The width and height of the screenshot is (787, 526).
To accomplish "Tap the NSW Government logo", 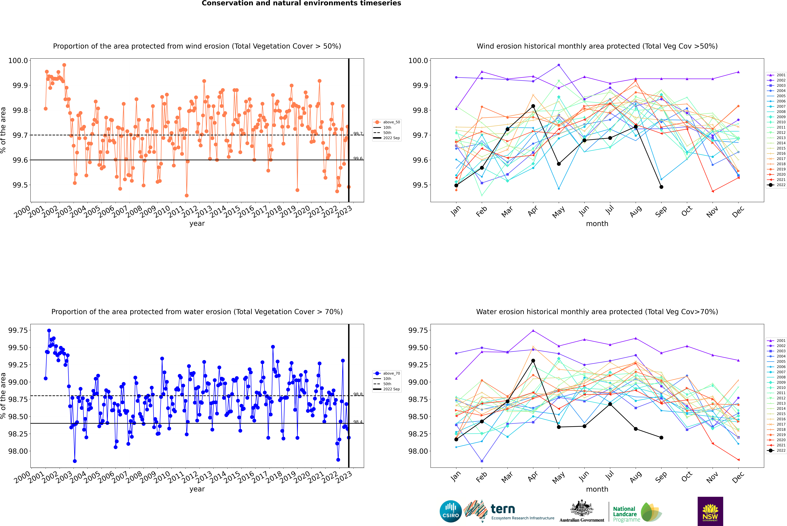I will coord(710,511).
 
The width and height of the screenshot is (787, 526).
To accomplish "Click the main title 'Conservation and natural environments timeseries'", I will coord(301,3).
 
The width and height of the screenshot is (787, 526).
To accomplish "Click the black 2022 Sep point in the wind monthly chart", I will coord(661,187).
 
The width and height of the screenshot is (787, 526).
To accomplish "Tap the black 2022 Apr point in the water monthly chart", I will coord(533,361).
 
